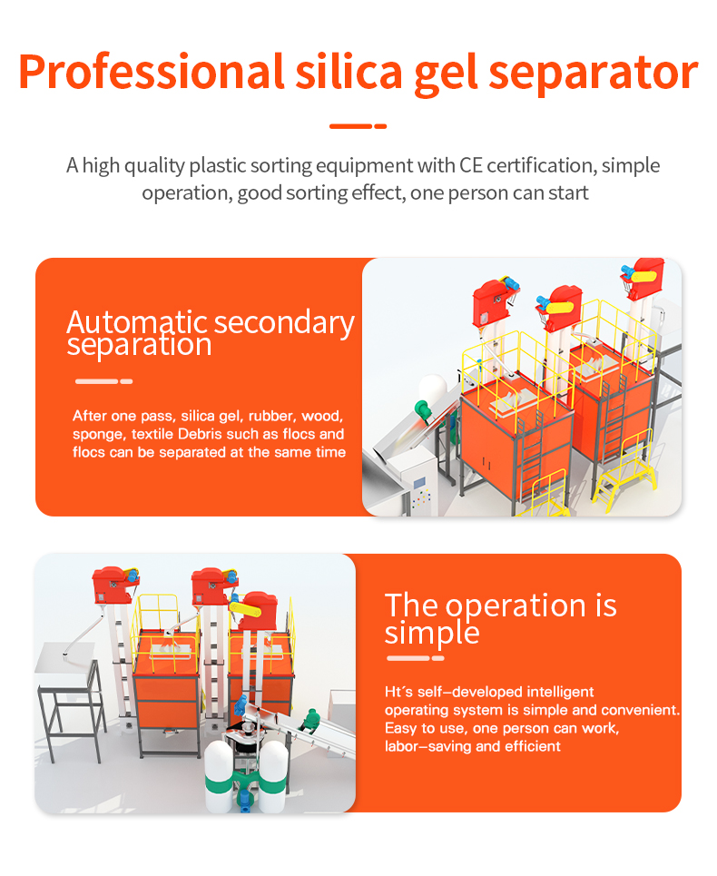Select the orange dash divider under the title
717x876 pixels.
(x=358, y=126)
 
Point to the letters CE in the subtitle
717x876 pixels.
(x=471, y=165)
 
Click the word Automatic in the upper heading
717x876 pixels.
(x=137, y=322)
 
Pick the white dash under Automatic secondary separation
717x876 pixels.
(x=103, y=381)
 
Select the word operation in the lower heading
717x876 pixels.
(x=516, y=606)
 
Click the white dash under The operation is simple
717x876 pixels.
(x=416, y=658)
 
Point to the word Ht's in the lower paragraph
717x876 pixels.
(x=398, y=692)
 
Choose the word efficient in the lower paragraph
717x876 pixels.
(x=533, y=746)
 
